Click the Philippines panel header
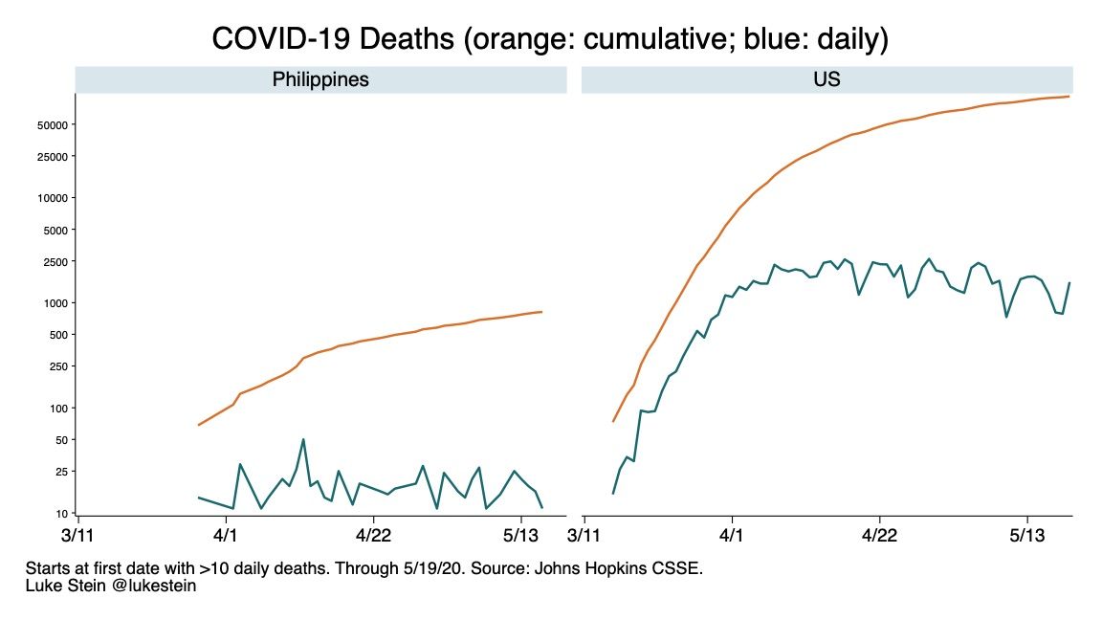(320, 79)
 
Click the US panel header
(826, 79)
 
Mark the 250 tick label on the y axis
(55, 366)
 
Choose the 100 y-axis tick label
(55, 409)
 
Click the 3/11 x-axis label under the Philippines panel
(77, 533)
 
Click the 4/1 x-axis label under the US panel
(732, 533)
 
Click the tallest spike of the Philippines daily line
(303, 439)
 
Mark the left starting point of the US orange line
(613, 421)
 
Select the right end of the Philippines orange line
(542, 312)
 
